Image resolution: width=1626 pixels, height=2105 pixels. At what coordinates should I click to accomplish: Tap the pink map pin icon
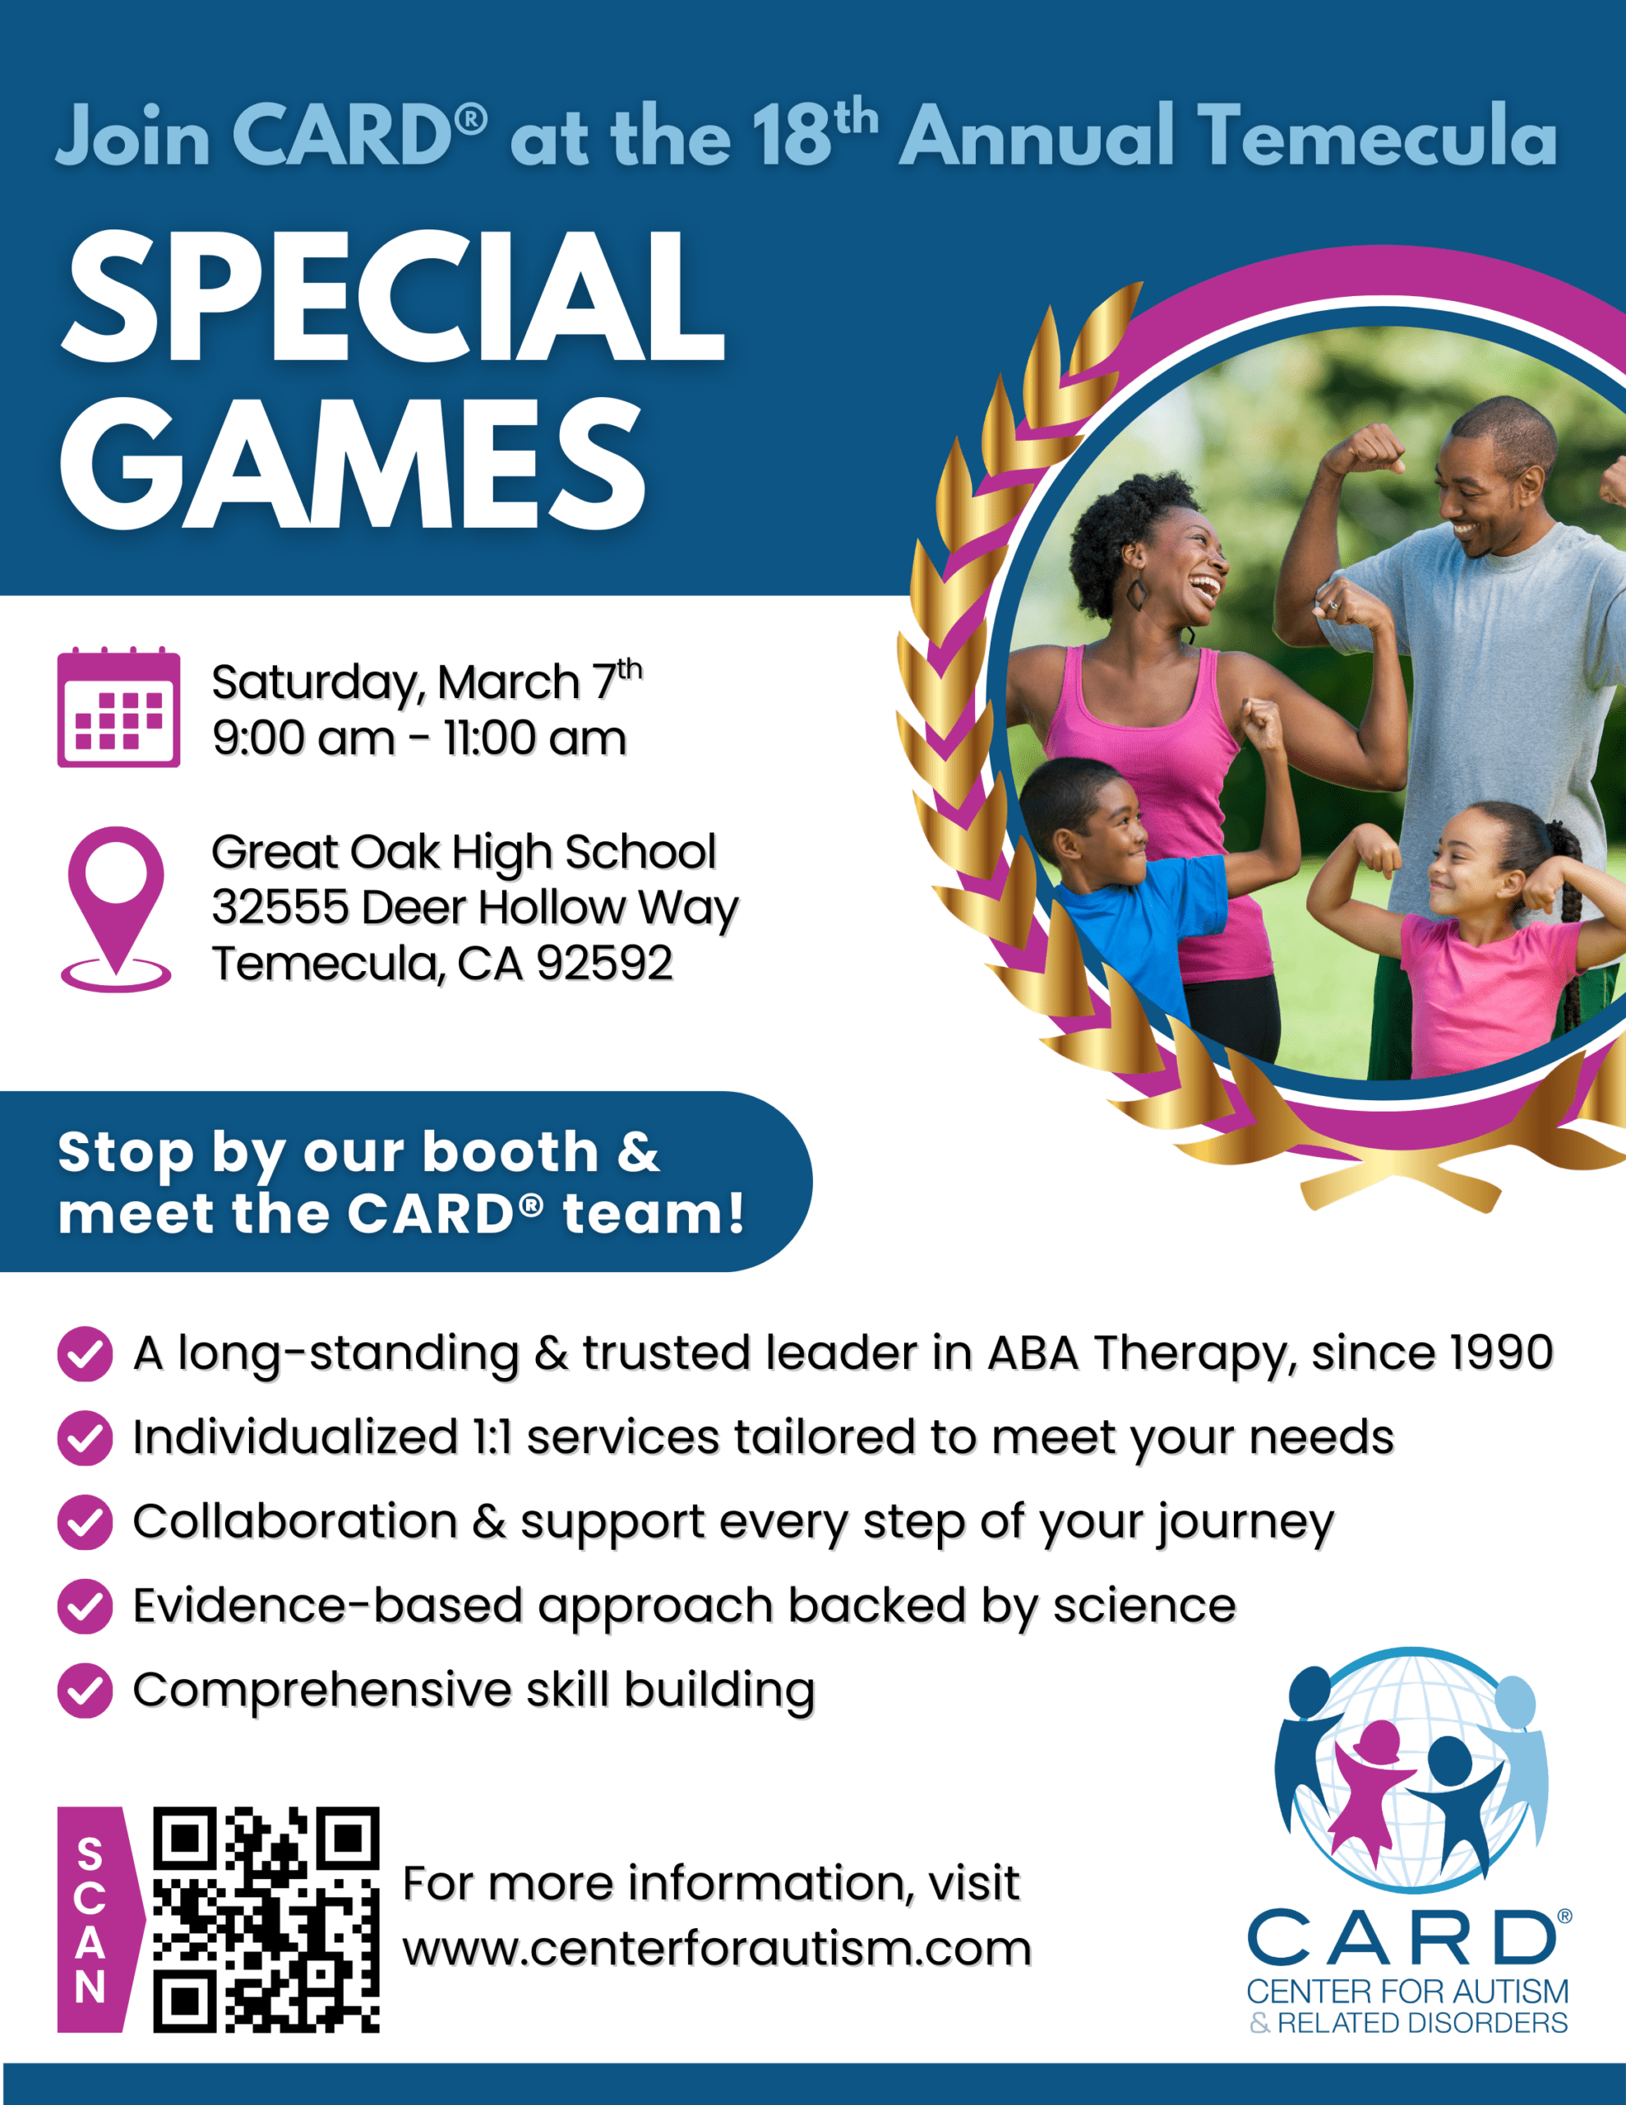[x=116, y=909]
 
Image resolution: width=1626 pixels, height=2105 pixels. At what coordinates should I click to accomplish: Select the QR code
[x=266, y=1919]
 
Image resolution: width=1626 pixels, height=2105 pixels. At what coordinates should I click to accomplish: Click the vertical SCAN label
[x=90, y=1919]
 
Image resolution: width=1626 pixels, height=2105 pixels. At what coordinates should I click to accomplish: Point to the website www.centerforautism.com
[x=717, y=1948]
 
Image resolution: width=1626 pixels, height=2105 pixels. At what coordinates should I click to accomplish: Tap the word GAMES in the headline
[x=353, y=464]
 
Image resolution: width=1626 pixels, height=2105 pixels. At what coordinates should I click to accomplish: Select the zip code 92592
[x=604, y=962]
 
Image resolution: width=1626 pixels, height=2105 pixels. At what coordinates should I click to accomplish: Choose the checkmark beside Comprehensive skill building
[x=85, y=1691]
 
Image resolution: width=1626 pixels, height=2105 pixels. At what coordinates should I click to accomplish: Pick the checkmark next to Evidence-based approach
[x=85, y=1606]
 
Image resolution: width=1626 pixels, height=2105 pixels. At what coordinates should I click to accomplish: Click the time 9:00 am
[x=303, y=738]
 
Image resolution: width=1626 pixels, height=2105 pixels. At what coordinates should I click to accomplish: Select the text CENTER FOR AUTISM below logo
[x=1407, y=1991]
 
